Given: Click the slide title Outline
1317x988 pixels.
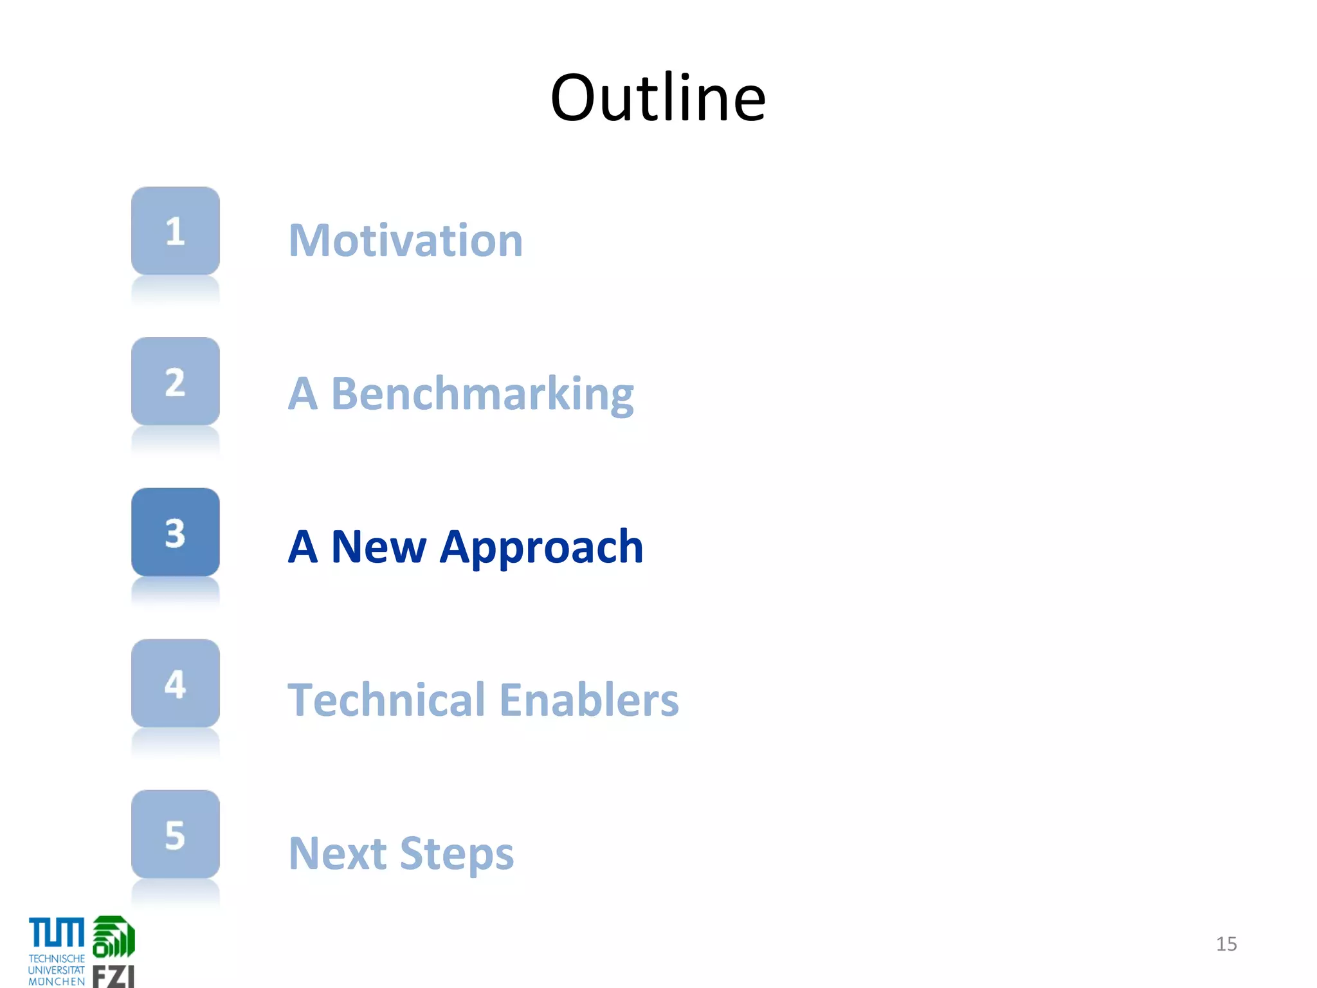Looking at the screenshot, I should pos(658,98).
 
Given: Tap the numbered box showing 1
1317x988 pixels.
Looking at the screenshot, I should pos(175,231).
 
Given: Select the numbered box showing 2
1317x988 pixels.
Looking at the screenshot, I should pos(175,381).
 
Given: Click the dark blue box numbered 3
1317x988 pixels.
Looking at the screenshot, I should pos(175,533).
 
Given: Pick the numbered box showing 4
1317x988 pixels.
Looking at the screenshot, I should pos(175,683).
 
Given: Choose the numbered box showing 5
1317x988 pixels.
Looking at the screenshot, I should pos(175,834).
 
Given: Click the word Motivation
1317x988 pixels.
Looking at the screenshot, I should pos(406,241).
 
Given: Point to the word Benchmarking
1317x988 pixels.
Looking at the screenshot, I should pos(482,394).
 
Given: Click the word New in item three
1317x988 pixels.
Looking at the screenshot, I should pos(378,547).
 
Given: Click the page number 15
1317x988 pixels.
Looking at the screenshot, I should pos(1226,944).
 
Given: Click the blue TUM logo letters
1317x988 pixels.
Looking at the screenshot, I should pos(57,933).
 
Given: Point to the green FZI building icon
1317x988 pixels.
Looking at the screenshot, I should pos(114,937).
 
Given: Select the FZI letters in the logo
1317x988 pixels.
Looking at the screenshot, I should pos(114,976).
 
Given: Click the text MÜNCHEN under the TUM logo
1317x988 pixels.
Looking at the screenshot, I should pos(57,982).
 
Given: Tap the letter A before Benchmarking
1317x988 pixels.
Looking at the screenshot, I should pos(303,394).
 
